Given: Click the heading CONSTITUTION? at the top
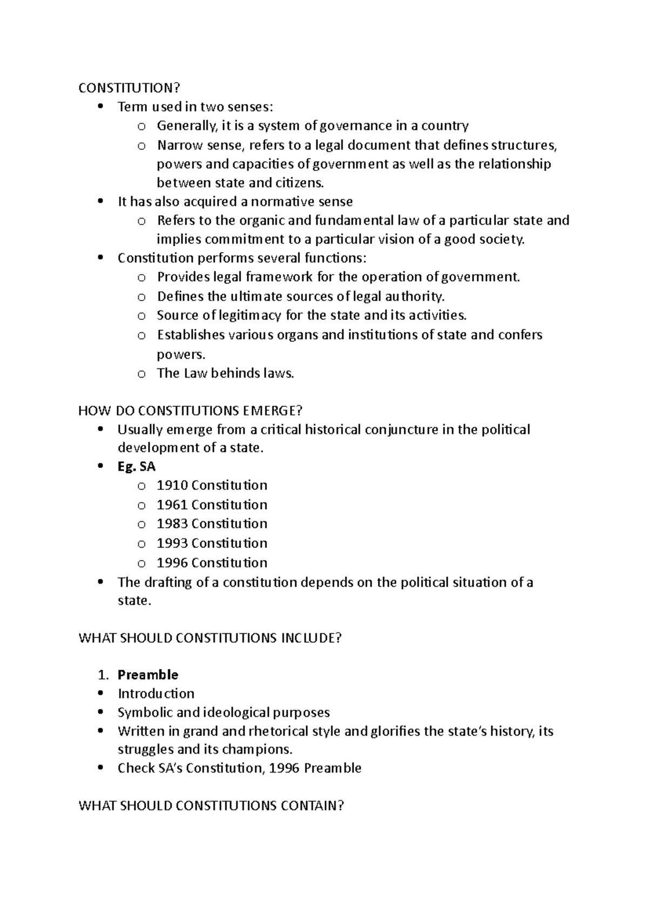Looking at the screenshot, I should point(129,88).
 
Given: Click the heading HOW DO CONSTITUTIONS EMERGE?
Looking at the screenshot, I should point(190,411).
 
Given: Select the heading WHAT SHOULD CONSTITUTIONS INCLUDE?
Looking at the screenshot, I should point(210,638).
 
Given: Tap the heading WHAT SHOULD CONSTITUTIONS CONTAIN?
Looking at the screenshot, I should point(211,805).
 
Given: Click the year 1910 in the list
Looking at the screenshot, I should point(172,485).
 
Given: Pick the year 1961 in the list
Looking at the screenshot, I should point(172,504).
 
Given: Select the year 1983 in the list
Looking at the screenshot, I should point(172,523).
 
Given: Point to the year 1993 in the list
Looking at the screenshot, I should point(172,543).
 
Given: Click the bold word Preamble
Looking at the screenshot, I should point(148,675).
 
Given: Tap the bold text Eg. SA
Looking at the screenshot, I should point(137,467).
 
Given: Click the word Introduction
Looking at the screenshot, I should point(156,693).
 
